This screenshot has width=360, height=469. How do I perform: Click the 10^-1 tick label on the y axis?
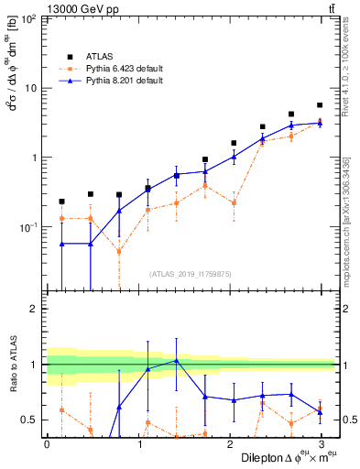coord(29,226)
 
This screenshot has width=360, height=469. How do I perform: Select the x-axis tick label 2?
coord(228,443)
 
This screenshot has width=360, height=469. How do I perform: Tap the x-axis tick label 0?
coord(47,443)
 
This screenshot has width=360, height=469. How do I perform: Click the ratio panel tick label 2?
coord(34,309)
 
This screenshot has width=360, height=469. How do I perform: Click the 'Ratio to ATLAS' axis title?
coord(12,365)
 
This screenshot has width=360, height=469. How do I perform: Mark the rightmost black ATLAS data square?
coord(319,105)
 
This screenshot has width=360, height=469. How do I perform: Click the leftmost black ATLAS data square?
coord(61,202)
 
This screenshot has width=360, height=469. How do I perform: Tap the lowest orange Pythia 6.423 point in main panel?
coord(118,251)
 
